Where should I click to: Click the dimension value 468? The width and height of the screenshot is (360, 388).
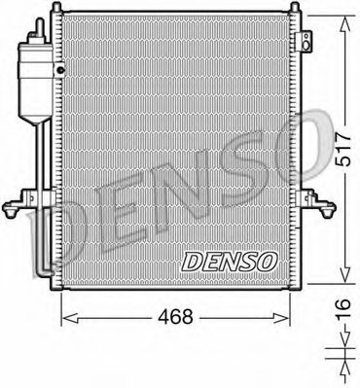[x=176, y=316]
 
